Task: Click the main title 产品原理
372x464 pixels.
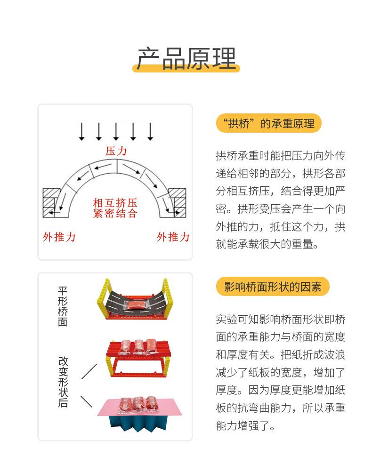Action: [x=186, y=58]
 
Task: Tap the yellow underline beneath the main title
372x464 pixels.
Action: [x=186, y=69]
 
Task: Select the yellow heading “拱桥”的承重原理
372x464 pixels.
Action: [x=268, y=124]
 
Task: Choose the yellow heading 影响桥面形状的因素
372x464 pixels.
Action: [x=273, y=287]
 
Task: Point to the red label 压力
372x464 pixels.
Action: [x=116, y=151]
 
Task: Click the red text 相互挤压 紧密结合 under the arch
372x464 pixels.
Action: [x=115, y=208]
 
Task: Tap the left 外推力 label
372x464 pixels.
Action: [x=59, y=237]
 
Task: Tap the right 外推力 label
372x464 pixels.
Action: [x=173, y=237]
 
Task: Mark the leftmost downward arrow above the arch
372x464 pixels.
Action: [x=81, y=131]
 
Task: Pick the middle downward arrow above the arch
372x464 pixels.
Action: [x=116, y=131]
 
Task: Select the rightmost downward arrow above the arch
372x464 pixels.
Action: [x=150, y=131]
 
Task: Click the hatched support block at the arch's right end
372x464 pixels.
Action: [x=178, y=203]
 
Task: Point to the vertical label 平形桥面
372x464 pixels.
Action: [x=63, y=306]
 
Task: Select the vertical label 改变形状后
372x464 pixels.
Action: [x=63, y=382]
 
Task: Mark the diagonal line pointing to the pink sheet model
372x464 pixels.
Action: [x=87, y=401]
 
